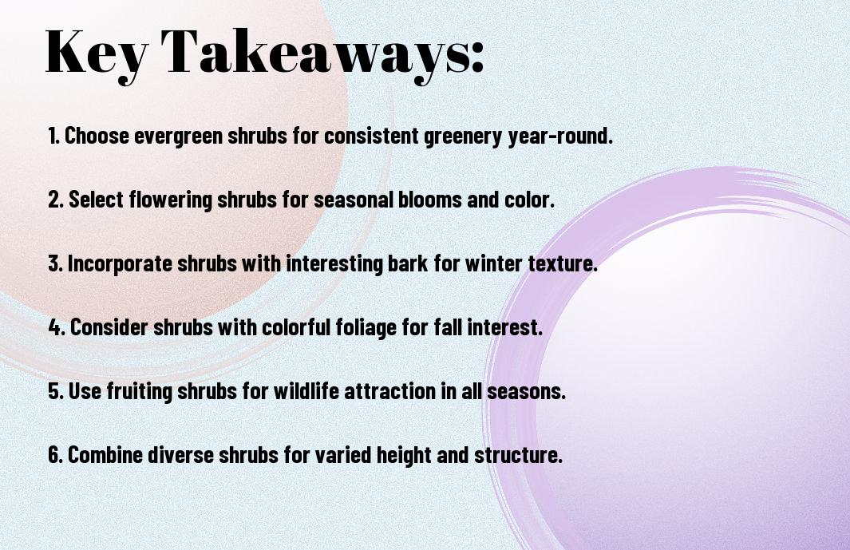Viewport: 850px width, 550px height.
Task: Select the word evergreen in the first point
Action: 178,137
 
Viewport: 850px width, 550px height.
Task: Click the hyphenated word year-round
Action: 560,137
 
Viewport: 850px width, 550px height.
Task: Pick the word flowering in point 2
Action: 171,200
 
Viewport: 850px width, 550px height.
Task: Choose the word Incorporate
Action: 120,263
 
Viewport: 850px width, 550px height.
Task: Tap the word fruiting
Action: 139,391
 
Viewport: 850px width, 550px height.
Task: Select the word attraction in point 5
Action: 390,391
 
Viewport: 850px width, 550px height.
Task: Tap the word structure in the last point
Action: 518,455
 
